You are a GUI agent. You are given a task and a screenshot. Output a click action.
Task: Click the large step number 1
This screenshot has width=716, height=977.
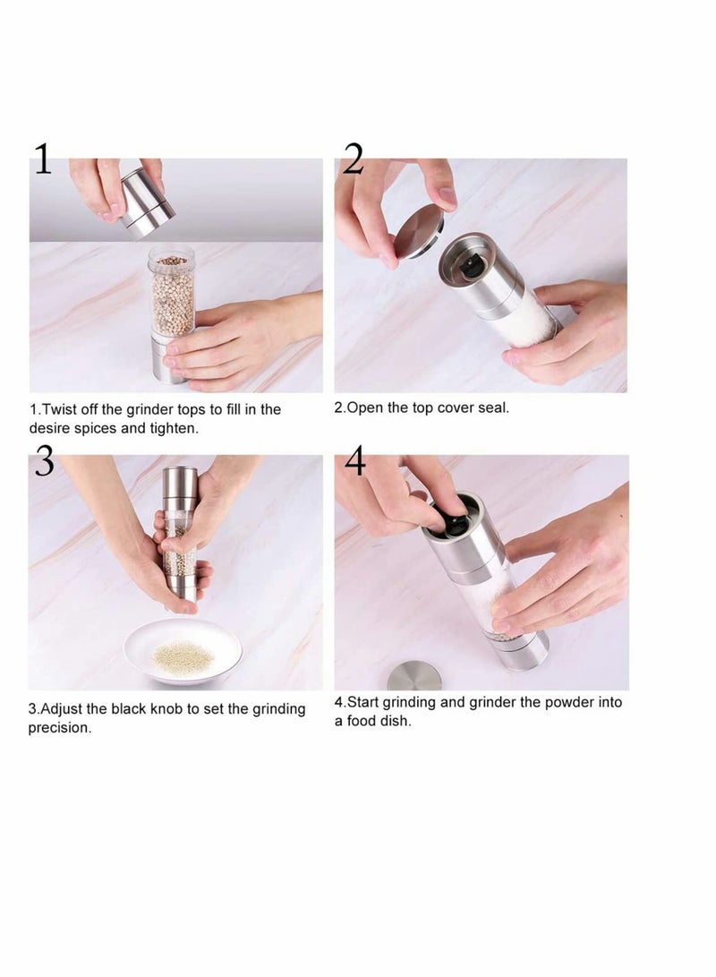point(43,159)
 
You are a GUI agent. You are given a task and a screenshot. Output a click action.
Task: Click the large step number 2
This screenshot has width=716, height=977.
point(353,159)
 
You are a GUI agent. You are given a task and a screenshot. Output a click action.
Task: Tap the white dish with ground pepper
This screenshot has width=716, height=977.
point(183,652)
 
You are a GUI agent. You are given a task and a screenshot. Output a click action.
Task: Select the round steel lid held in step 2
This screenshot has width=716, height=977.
point(419,235)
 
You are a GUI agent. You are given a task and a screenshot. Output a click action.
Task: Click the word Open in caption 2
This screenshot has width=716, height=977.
point(364,407)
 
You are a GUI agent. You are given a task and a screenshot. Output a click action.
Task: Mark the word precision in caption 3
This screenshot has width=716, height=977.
point(59,727)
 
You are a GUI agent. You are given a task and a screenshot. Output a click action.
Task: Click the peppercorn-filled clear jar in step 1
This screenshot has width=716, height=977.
point(172,293)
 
